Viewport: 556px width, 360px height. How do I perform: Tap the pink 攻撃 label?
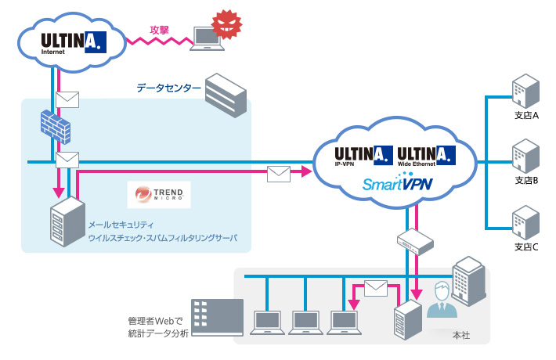(x=160, y=30)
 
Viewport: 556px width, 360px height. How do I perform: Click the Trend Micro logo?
(x=159, y=194)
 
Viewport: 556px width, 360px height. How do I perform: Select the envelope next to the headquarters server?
(x=376, y=287)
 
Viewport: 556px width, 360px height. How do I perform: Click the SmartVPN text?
(x=398, y=185)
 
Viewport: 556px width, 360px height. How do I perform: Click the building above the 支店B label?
(x=525, y=156)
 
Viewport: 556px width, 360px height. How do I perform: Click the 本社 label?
(x=461, y=335)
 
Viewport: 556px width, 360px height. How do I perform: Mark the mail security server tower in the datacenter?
(x=67, y=223)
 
